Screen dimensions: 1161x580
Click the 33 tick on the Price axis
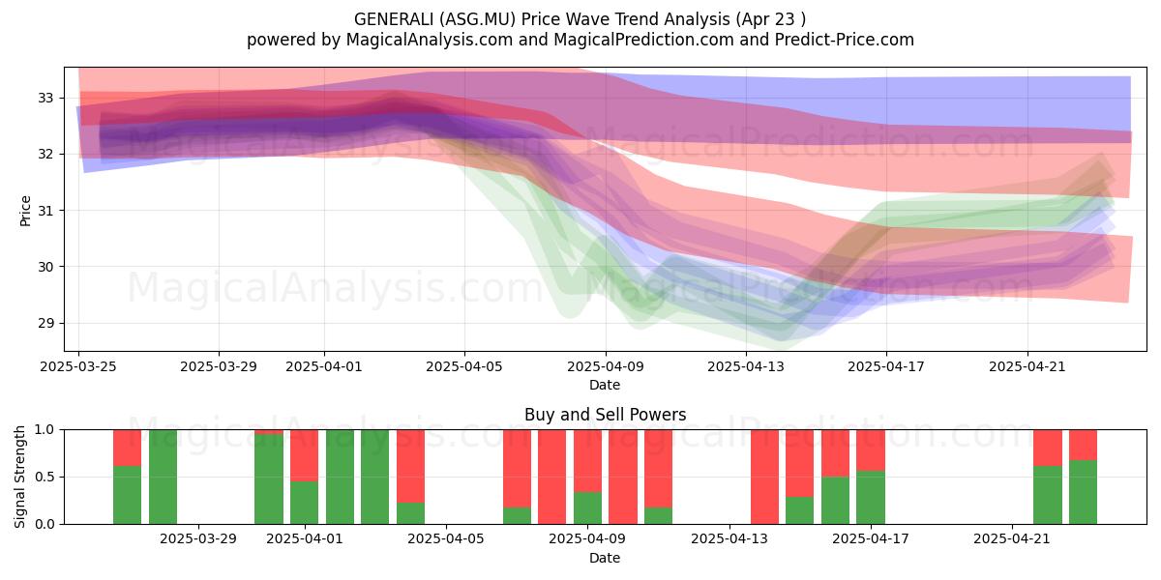point(45,98)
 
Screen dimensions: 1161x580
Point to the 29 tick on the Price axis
point(45,323)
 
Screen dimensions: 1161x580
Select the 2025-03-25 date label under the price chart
point(78,366)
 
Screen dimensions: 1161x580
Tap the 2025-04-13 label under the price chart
point(746,366)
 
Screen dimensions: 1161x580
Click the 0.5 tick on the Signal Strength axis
point(45,477)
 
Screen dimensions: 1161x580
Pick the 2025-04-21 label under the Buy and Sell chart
point(1012,539)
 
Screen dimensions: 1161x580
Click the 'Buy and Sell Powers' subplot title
point(605,415)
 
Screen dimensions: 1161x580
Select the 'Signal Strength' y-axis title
point(19,477)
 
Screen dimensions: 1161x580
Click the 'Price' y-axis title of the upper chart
point(25,211)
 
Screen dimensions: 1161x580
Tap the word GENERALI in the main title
point(394,19)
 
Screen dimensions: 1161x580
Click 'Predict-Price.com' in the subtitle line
point(845,40)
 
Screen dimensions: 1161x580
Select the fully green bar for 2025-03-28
point(163,477)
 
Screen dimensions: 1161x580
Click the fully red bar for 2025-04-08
point(552,477)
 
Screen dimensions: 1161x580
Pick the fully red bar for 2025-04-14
point(764,477)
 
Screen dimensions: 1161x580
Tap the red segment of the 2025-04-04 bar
point(410,466)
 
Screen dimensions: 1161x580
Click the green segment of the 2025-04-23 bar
point(1084,492)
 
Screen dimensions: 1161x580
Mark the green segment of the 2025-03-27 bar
point(127,495)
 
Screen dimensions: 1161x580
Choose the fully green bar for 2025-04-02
point(340,477)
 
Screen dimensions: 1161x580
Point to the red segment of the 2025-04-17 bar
point(871,450)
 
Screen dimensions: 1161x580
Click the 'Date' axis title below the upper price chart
point(605,385)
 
